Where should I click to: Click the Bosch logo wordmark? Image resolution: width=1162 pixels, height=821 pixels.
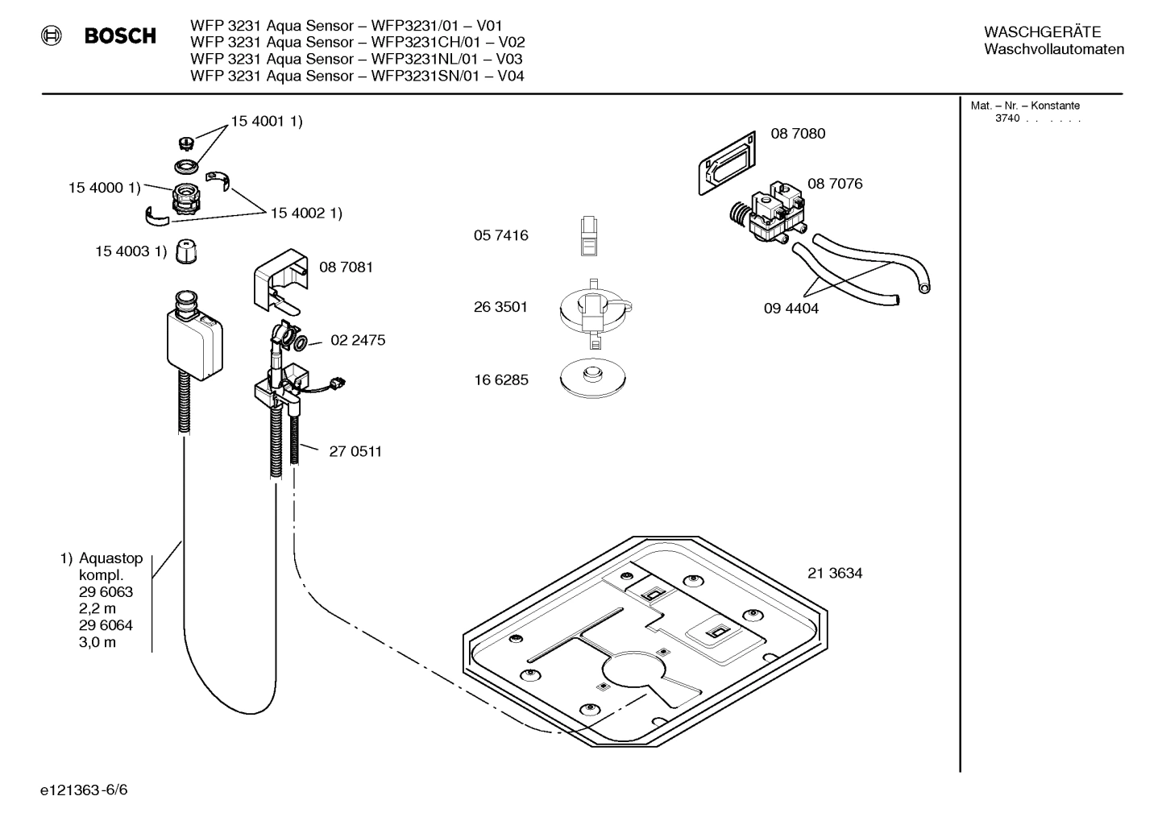coord(120,35)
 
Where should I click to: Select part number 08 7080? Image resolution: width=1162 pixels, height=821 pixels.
coord(798,134)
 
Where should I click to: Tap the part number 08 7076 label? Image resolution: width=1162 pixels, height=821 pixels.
coord(835,184)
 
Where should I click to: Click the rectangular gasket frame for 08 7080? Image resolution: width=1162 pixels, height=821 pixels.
coord(728,164)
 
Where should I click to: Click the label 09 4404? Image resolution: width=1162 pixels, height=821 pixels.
coord(791,309)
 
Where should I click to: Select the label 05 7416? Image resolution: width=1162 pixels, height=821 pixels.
coord(500,235)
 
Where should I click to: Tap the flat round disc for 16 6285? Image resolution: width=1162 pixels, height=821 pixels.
coord(593,378)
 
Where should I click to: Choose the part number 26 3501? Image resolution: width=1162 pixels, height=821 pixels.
coord(500,307)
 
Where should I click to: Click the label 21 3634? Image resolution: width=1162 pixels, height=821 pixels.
coord(835,573)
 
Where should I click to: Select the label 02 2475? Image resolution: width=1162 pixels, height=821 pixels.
coord(358,340)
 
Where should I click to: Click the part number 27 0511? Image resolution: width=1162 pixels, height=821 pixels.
coord(355,451)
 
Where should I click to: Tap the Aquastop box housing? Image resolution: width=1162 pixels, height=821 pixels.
coord(193,339)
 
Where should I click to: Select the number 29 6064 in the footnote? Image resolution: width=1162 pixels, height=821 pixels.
coord(106,625)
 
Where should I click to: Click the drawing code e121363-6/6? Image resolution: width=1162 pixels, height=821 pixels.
coord(84,790)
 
